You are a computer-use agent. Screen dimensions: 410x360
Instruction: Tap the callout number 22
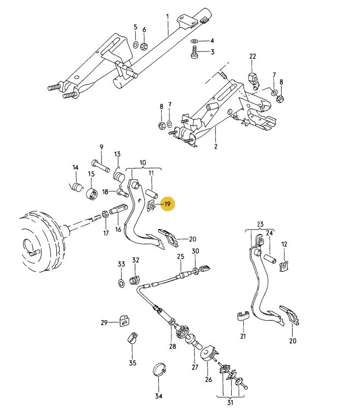[253, 57]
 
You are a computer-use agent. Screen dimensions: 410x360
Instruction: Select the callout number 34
[159, 396]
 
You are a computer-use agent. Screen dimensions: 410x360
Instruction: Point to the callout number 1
[168, 16]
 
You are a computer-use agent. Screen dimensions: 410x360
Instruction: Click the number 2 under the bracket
[216, 147]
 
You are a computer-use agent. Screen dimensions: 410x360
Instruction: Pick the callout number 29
[104, 323]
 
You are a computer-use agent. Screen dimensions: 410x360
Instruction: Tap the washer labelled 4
[196, 41]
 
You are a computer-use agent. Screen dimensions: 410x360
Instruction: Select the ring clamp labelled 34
[159, 369]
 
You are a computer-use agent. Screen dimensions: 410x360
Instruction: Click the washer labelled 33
[121, 282]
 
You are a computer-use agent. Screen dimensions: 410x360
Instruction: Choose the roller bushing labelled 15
[92, 193]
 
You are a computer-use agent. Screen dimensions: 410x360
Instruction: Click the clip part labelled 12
[284, 267]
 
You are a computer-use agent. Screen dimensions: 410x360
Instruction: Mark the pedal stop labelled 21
[243, 316]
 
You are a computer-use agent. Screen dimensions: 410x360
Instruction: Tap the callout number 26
[208, 379]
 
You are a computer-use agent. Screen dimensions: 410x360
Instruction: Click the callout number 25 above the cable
[180, 257]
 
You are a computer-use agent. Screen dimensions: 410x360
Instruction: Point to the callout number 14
[76, 168]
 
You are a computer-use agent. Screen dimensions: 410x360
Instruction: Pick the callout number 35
[132, 363]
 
